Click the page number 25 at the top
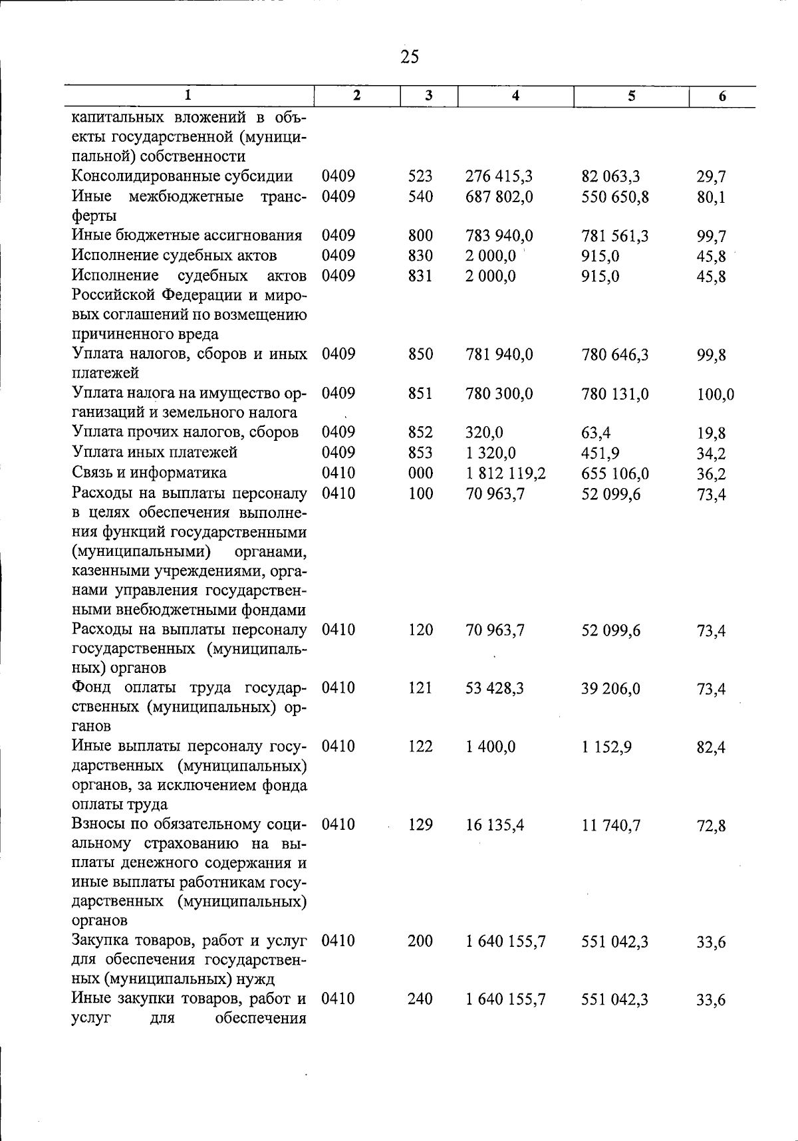tap(410, 57)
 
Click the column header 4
tap(515, 96)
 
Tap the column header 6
tap(722, 96)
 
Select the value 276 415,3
tap(499, 177)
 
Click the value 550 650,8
tap(614, 197)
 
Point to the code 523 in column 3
tap(420, 176)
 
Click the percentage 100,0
tap(716, 395)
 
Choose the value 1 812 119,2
tap(505, 473)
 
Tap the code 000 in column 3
tap(420, 473)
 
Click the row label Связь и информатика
tap(149, 473)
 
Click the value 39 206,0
tap(610, 689)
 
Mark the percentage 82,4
tap(711, 748)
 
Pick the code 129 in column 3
tap(420, 824)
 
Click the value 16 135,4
tap(495, 825)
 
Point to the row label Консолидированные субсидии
tap(182, 176)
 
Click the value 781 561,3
tap(614, 236)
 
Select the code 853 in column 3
tap(420, 453)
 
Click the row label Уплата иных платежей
tap(154, 453)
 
